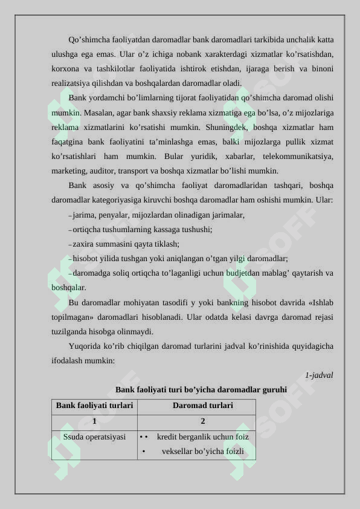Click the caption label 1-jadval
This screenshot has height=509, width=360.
click(319, 375)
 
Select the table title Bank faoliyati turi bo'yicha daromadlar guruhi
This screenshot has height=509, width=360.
click(201, 390)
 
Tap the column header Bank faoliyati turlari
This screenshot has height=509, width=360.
click(94, 406)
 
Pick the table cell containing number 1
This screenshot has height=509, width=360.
click(94, 421)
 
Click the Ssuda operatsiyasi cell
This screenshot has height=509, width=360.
click(94, 436)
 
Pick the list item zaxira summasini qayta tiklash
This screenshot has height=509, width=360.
click(126, 244)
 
